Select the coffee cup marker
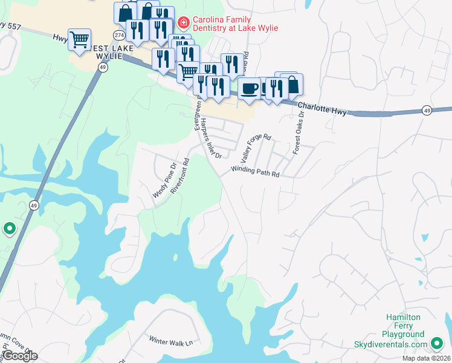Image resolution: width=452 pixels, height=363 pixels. coord(248,89)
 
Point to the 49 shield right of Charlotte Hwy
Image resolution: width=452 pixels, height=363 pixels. coord(427,110)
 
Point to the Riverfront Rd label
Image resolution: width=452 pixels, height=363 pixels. coord(180,175)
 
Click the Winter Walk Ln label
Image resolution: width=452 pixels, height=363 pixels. coord(170,342)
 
